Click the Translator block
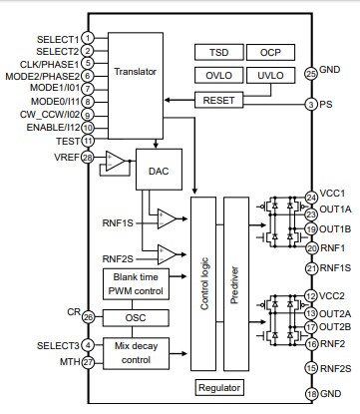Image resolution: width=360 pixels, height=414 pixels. tap(136, 72)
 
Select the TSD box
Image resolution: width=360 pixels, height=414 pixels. tap(217, 51)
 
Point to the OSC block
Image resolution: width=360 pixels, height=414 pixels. tap(136, 317)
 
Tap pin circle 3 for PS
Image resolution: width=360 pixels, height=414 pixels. tap(312, 104)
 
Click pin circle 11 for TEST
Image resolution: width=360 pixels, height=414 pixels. tap(88, 142)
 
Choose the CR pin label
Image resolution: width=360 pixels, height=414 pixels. tap(73, 312)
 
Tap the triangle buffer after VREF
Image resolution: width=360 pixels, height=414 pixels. tap(116, 160)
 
